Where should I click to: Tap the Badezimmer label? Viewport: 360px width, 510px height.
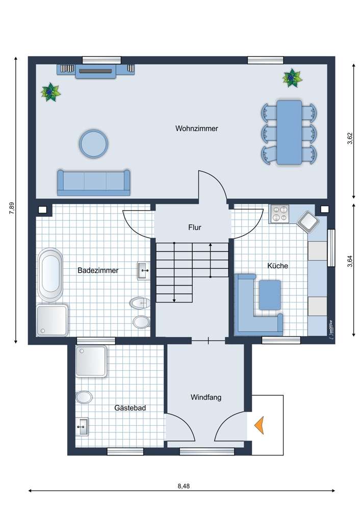point(98,270)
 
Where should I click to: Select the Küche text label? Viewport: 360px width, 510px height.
point(277,266)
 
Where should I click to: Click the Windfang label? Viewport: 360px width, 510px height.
point(206,397)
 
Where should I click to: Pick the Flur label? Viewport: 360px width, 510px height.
point(194,227)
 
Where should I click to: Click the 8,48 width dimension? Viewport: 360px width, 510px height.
point(184,486)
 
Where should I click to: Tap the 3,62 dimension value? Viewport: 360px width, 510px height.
point(350,139)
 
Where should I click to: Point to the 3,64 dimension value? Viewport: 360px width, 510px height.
point(350,262)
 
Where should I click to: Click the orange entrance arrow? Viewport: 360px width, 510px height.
point(260,425)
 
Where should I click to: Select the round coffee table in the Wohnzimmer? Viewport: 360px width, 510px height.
point(93,143)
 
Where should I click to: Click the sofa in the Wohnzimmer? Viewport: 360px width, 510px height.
point(93,183)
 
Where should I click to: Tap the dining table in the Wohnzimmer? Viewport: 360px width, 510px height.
point(289,132)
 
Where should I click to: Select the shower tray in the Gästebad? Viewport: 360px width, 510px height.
point(91,361)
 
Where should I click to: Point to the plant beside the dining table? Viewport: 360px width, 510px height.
point(292,78)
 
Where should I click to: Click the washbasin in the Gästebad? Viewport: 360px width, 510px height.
point(82,426)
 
